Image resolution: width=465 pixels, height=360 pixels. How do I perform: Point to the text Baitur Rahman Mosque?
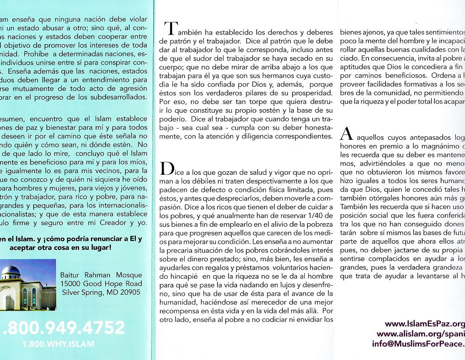coord(101,275)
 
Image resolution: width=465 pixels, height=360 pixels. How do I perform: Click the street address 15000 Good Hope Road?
coord(101,284)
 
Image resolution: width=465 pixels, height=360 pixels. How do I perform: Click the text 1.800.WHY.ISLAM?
coord(58,344)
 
